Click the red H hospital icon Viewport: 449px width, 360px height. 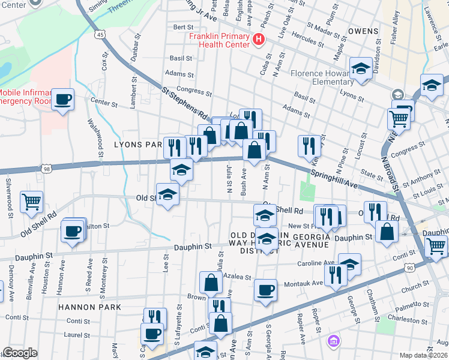pos(259,40)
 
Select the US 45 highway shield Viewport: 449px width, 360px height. pos(99,35)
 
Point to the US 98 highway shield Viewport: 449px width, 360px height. pos(47,170)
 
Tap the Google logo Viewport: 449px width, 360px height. pos(20,353)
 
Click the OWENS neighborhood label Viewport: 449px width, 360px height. pos(362,31)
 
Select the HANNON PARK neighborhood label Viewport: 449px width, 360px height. pos(89,307)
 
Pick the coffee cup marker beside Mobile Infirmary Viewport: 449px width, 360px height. pos(63,99)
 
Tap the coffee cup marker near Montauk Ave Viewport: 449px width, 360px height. pos(265,290)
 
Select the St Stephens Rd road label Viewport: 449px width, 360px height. pos(185,102)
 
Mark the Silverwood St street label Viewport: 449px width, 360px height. pos(9,194)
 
